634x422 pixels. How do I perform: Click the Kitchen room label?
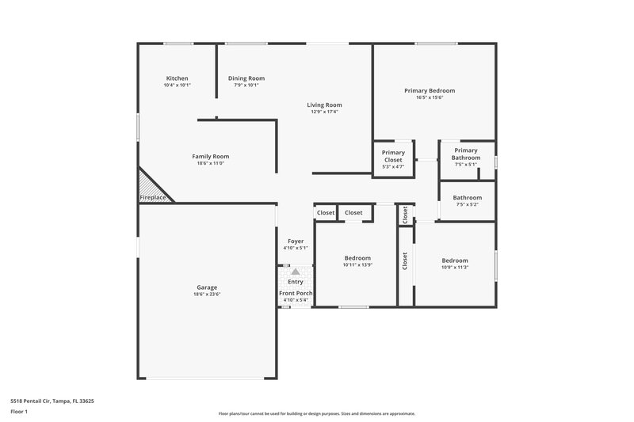[x=177, y=78]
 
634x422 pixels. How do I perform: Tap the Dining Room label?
[x=246, y=78]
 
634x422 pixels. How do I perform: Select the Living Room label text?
[x=325, y=105]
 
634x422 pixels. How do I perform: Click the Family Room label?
[x=210, y=157]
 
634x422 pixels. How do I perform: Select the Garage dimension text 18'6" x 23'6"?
[x=207, y=295]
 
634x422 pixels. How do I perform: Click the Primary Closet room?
[x=393, y=157]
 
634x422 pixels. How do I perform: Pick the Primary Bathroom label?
[x=466, y=154]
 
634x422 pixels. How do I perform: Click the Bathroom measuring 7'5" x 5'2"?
[x=468, y=201]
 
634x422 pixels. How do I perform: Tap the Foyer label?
[x=296, y=241]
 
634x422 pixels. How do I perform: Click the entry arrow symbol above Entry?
[x=296, y=272]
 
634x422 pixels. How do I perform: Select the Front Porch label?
[x=296, y=294]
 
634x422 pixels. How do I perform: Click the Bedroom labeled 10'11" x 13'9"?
[x=357, y=261]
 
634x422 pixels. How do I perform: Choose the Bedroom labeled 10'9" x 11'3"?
[x=455, y=264]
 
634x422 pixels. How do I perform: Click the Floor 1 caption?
[x=19, y=412]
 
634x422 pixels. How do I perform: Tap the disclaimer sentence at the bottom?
[x=316, y=413]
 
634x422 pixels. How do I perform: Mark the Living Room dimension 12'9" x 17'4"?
[x=325, y=112]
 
